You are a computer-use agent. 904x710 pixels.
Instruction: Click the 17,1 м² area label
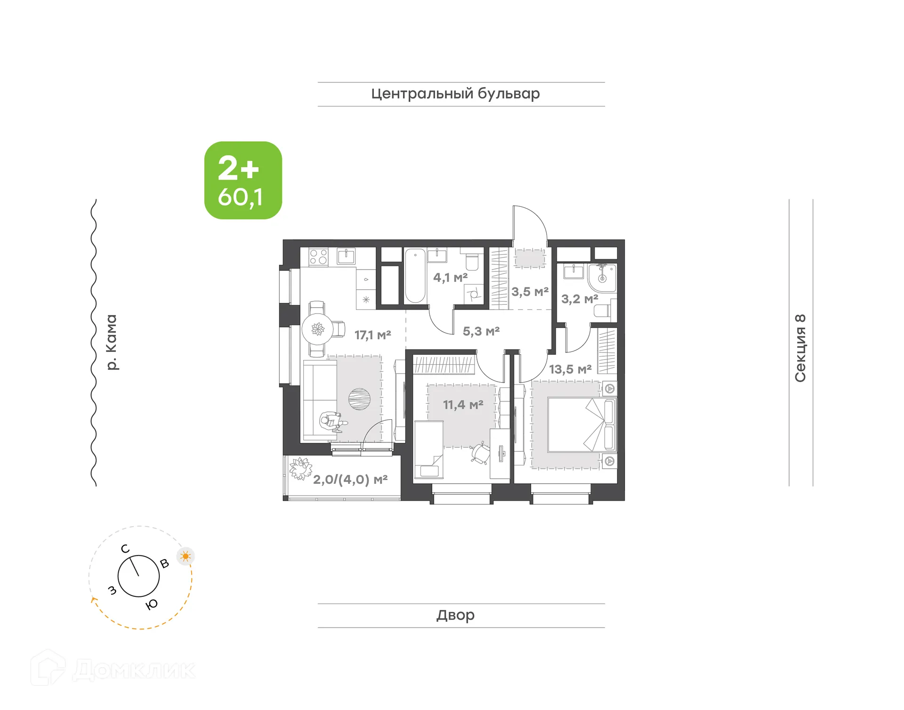click(x=372, y=335)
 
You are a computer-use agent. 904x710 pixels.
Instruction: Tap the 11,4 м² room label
click(x=463, y=405)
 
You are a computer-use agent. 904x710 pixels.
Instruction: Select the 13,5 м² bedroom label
click(x=570, y=369)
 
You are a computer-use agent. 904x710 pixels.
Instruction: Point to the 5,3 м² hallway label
click(x=481, y=331)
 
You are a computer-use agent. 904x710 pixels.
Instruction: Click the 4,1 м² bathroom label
click(x=450, y=277)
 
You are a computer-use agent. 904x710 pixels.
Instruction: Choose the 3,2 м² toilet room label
click(x=580, y=299)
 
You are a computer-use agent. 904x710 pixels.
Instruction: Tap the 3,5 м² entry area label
click(x=530, y=292)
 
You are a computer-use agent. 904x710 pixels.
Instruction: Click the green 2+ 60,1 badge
click(x=243, y=180)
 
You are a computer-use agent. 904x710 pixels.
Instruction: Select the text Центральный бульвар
click(x=455, y=94)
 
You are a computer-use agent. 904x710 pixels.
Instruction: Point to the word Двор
click(x=455, y=615)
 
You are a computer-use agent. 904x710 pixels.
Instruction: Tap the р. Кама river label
click(x=111, y=342)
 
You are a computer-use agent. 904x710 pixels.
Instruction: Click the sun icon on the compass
click(x=186, y=556)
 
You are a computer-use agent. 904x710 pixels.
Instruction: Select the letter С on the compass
click(x=125, y=549)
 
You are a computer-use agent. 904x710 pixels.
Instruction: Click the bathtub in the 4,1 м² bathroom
click(x=415, y=276)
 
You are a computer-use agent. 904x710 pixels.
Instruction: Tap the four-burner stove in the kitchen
click(x=318, y=257)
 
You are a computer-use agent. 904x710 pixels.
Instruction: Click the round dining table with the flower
click(x=318, y=329)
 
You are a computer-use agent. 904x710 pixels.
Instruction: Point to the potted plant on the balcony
click(x=300, y=469)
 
